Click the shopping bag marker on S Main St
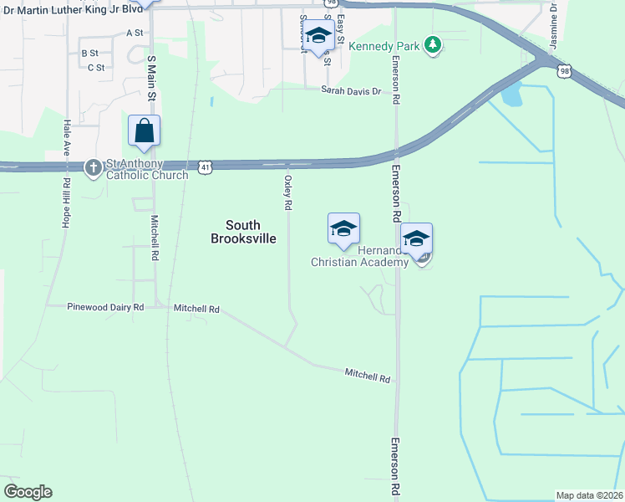[x=144, y=132]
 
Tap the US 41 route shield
[x=205, y=167]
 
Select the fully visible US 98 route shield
[x=565, y=73]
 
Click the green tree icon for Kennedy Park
[x=432, y=44]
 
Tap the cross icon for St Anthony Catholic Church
[x=94, y=166]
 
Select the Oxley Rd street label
[x=288, y=192]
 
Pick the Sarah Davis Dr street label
[x=352, y=90]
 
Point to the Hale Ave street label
[x=67, y=139]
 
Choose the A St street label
[x=135, y=33]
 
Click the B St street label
[x=89, y=53]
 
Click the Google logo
[x=28, y=492]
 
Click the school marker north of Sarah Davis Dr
[x=318, y=38]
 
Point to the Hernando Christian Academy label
[x=359, y=256]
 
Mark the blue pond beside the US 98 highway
[x=511, y=95]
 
